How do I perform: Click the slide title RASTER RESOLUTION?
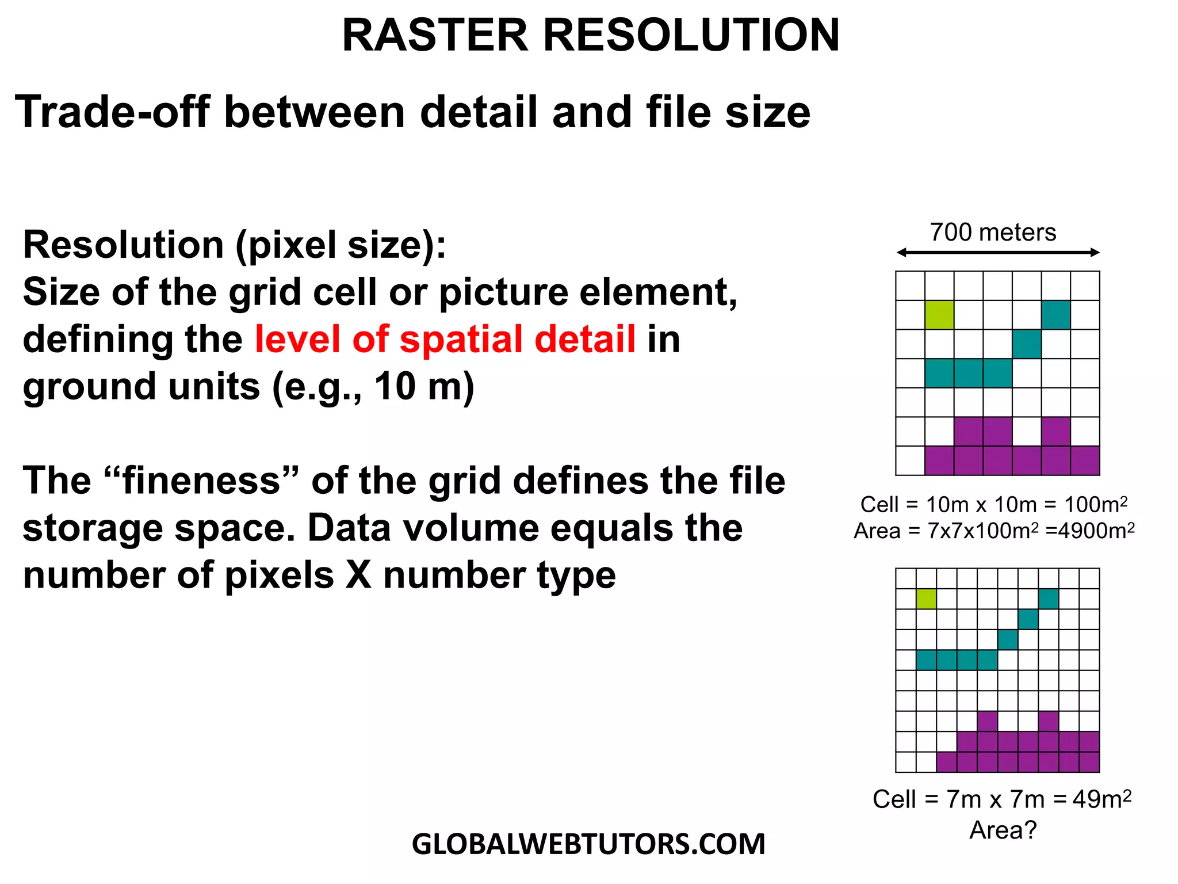coord(591,36)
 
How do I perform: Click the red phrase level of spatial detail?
coord(445,339)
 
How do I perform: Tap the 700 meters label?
coord(993,233)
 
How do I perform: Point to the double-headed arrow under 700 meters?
coord(998,253)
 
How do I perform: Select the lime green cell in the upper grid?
coord(939,315)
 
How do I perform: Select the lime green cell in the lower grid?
coord(926,599)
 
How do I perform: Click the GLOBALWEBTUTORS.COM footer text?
coord(588,844)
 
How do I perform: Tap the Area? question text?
coord(1003,830)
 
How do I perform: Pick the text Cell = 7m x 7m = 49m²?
coord(1001,799)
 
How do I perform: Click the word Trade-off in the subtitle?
coord(113,112)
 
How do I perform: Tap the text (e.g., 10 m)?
coord(373,386)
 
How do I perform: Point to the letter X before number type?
coord(358,575)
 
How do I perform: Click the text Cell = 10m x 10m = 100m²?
coord(993,505)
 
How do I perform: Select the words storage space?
coord(155,528)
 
